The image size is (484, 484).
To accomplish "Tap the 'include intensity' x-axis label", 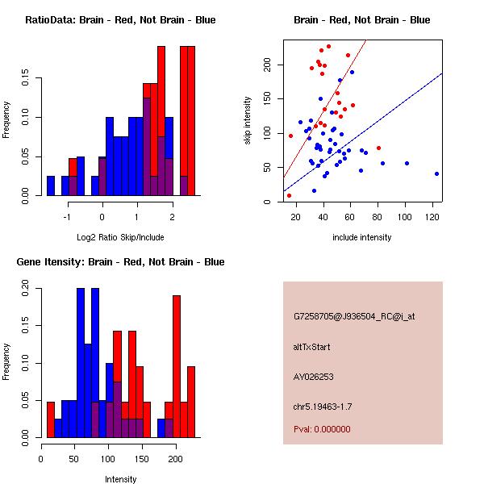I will (362, 237).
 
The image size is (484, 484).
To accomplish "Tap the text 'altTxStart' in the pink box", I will (312, 347).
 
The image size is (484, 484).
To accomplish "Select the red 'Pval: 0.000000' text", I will (322, 429).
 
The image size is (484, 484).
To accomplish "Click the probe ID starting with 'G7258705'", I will (354, 317).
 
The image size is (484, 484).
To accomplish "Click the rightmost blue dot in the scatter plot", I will (436, 173).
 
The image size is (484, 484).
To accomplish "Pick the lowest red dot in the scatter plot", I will (289, 195).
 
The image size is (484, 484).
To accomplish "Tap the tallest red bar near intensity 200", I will (177, 363).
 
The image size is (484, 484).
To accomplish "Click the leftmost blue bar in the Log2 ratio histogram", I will (51, 186).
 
